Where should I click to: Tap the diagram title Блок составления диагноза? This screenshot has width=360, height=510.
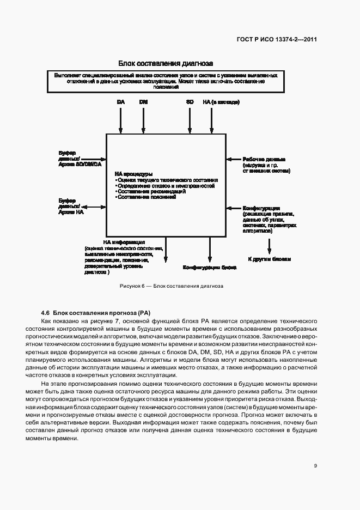[x=165, y=64]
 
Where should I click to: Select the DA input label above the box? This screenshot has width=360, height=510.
[x=121, y=102]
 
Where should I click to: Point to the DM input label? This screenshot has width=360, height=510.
[x=143, y=102]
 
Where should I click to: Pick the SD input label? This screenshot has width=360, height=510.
[x=190, y=102]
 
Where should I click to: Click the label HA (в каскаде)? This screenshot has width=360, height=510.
[x=221, y=102]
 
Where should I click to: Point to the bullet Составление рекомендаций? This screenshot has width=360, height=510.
[x=151, y=191]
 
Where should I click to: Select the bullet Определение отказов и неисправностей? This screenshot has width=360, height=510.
[x=163, y=185]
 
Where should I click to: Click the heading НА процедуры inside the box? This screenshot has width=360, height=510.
[x=130, y=174]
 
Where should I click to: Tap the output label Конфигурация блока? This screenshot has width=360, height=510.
[x=209, y=268]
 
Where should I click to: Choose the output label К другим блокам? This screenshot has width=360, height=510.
[x=269, y=259]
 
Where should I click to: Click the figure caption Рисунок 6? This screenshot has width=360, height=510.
[x=172, y=286]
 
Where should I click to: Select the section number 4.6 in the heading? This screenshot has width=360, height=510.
[x=45, y=313]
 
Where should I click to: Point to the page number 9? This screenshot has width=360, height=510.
[x=316, y=465]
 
